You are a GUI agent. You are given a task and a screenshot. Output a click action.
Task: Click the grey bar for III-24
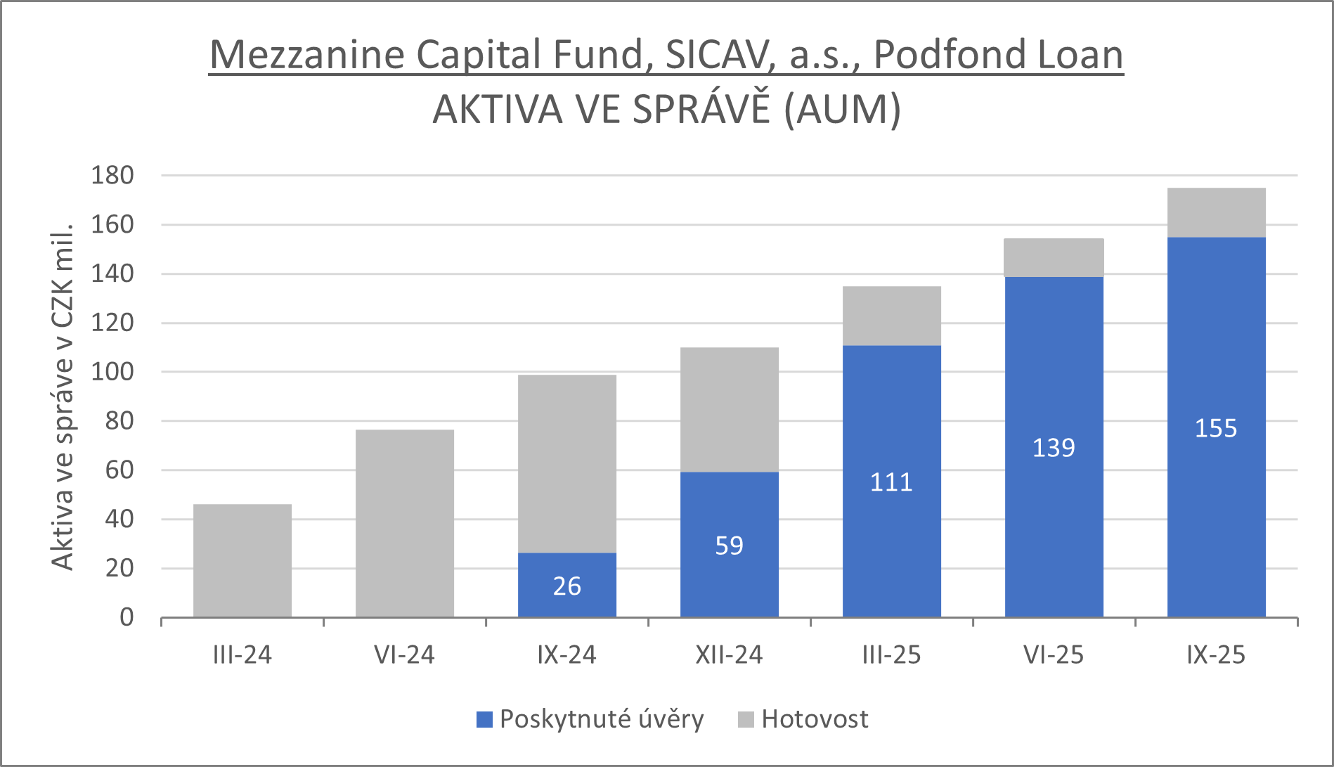tap(242, 560)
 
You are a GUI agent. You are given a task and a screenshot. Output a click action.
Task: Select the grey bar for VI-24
tap(405, 523)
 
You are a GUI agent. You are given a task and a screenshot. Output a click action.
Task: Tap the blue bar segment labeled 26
tap(567, 585)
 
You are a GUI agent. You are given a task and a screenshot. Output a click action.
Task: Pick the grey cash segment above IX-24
tap(567, 464)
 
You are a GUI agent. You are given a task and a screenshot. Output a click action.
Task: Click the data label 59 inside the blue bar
tap(729, 546)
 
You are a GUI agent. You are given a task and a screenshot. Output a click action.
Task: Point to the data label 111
tap(891, 482)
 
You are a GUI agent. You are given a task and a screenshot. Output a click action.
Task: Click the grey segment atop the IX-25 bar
tap(1216, 212)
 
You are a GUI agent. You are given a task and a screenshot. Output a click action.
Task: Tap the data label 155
tap(1216, 428)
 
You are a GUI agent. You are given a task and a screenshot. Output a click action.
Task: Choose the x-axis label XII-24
tap(729, 655)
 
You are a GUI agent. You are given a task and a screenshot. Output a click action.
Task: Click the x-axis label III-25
tap(891, 655)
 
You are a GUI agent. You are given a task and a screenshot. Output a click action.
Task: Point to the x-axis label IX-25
tap(1216, 655)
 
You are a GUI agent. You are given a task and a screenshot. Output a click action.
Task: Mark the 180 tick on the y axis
tap(112, 176)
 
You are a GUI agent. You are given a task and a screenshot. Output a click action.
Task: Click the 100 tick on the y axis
tap(112, 372)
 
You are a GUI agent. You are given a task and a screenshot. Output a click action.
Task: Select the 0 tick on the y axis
tap(127, 617)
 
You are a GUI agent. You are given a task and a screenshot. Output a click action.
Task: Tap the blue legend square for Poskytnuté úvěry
tap(484, 719)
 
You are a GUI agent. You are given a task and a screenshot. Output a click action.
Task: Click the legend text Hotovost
tap(815, 719)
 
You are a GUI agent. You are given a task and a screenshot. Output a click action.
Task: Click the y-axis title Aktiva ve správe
tap(63, 397)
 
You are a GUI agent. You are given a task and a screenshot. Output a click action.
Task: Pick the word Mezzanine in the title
tap(308, 55)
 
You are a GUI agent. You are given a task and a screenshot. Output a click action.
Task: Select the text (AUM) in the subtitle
tap(842, 110)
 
